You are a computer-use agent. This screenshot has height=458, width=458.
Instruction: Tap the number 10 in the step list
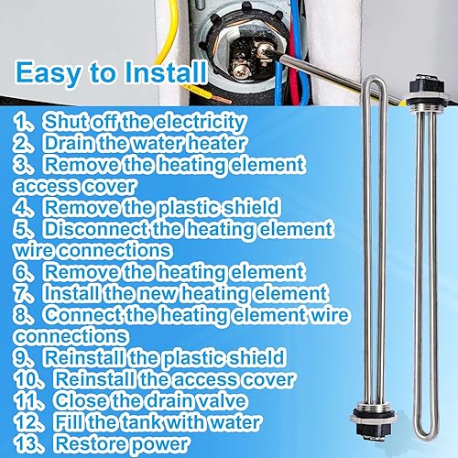click(26, 378)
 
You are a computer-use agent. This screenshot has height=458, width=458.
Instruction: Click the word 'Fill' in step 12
click(70, 422)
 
